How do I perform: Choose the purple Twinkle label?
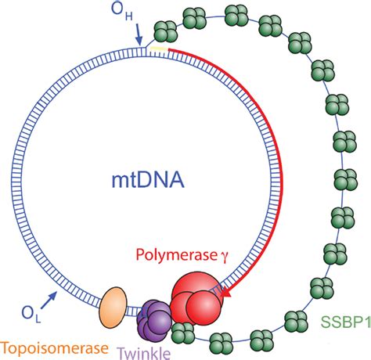pyautogui.click(x=144, y=351)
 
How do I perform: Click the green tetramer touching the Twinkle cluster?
pyautogui.click(x=183, y=332)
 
